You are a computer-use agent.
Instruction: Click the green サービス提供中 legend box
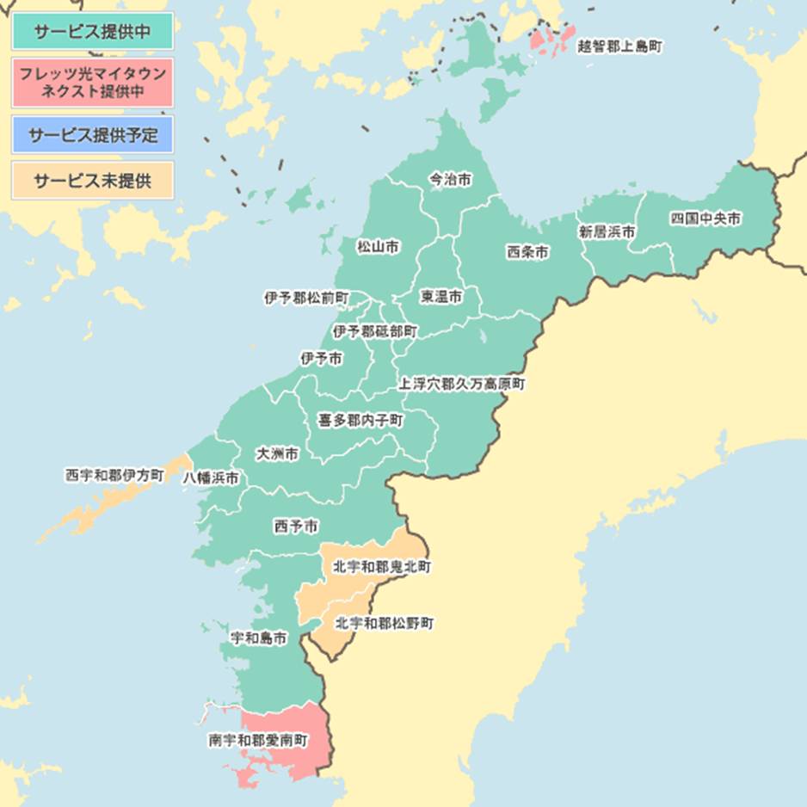point(92,33)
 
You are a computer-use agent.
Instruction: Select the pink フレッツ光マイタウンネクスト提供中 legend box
point(92,82)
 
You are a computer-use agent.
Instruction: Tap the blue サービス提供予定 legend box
point(92,135)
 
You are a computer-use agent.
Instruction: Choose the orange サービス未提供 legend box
point(92,182)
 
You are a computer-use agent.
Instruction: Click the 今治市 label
point(450,180)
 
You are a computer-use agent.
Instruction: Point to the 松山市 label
point(378,247)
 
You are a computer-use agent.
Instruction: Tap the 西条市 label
point(527,252)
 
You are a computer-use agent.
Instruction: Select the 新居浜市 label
point(607,232)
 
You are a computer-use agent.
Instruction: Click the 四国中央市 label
point(705,219)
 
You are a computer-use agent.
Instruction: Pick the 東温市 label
point(441,297)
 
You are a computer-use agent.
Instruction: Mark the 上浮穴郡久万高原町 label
point(461,384)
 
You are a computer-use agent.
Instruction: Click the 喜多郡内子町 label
point(360,420)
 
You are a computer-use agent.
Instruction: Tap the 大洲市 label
point(277,453)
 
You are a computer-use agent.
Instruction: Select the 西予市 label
point(295,525)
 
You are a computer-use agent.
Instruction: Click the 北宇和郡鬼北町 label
point(382,568)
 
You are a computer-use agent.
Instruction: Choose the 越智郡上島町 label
point(619,46)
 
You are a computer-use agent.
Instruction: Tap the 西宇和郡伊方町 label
point(114,475)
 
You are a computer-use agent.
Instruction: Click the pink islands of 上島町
point(551,38)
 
